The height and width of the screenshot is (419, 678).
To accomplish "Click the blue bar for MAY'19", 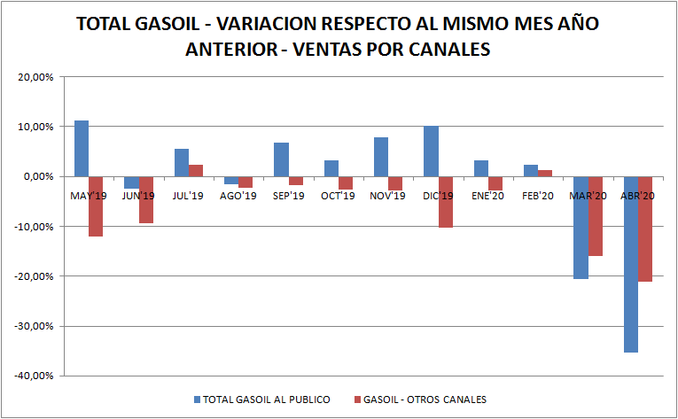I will point(81,148).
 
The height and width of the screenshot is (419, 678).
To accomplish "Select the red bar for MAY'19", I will point(96,206).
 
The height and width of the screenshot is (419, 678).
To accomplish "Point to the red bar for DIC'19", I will point(446,202).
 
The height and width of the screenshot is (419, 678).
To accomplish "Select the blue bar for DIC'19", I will point(431,151).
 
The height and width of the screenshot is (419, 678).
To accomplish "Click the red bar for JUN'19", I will point(146,199).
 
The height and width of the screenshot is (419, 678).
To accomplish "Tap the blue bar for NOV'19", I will point(381,157).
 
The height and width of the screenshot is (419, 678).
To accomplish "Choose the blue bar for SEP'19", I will point(281,159).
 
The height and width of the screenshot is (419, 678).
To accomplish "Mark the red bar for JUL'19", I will point(196,170).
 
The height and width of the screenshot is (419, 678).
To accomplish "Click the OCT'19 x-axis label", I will point(338,195).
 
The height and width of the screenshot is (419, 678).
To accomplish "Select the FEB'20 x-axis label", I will point(537,195).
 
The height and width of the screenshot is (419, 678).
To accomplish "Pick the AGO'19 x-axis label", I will point(238,195).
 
